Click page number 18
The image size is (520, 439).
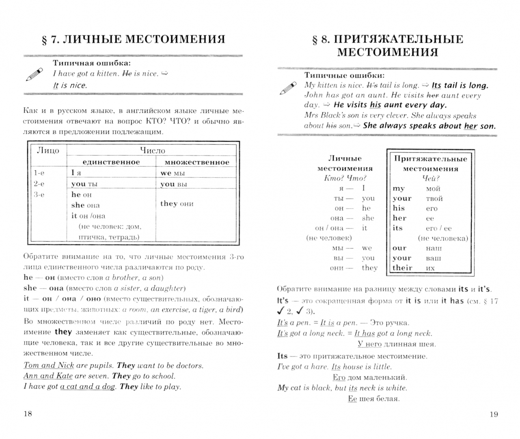(x=28, y=414)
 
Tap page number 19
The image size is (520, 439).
(x=493, y=414)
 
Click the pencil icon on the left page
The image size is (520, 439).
(x=34, y=75)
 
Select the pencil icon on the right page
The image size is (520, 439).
(x=288, y=88)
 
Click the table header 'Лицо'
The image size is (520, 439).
(x=48, y=150)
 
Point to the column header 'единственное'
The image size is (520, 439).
(x=111, y=162)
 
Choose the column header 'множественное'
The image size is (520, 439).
(x=196, y=162)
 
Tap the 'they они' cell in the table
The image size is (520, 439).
(x=177, y=204)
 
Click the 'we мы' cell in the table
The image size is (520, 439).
(x=173, y=173)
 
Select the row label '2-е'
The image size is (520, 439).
(x=39, y=184)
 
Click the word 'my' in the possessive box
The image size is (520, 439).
(x=399, y=189)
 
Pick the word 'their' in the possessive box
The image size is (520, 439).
(x=402, y=268)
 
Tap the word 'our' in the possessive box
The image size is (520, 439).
(x=399, y=248)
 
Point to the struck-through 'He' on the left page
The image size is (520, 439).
(x=127, y=74)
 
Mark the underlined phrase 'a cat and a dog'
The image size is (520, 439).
(x=87, y=387)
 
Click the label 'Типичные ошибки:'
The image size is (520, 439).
(x=344, y=76)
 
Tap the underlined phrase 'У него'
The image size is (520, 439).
(x=369, y=344)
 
